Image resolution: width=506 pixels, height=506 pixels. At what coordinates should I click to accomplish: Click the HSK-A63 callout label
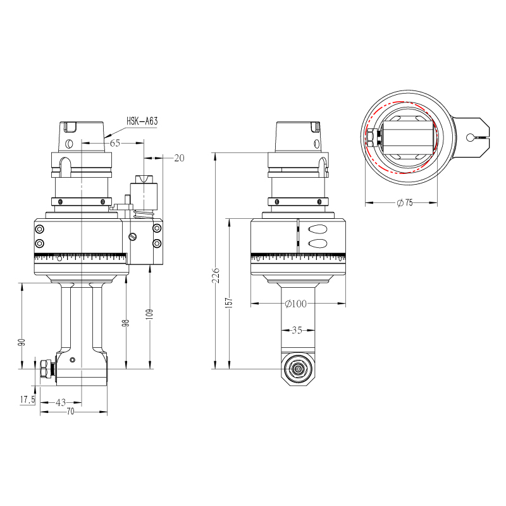pos(142,121)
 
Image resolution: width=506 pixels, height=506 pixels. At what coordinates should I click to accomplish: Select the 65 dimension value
pos(115,143)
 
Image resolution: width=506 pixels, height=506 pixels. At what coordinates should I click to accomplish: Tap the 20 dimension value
pos(179,157)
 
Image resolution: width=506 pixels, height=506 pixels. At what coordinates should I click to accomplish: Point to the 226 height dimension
pos(216,275)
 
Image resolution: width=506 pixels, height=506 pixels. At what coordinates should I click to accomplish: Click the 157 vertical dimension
pos(229,303)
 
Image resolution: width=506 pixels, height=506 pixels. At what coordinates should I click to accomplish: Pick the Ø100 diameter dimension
pos(296,304)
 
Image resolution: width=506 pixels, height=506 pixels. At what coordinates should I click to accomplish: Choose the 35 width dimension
pos(297,330)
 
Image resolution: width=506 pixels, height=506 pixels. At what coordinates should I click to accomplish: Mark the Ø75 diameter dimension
pos(405,202)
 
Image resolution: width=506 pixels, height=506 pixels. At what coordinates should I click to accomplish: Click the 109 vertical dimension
pos(149,314)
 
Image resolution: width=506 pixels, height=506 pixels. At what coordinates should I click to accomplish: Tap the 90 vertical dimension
pos(22,343)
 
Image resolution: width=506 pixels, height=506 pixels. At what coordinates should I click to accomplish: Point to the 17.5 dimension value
pos(27,400)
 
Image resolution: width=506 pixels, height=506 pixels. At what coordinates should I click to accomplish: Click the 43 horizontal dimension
pos(61,402)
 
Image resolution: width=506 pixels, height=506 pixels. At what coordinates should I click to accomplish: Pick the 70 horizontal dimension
pos(70,412)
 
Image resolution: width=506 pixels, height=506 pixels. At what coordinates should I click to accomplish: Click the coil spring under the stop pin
pos(144,214)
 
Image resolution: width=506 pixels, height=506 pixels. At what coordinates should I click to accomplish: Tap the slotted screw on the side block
pos(132,237)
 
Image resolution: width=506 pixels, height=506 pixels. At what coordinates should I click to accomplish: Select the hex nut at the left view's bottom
pos(46,369)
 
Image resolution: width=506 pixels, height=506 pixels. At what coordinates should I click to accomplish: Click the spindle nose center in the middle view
pos(298,369)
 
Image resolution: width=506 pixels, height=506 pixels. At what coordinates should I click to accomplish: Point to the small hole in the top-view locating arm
pos(470,138)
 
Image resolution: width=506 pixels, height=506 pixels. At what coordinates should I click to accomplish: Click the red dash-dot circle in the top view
pos(402,137)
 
